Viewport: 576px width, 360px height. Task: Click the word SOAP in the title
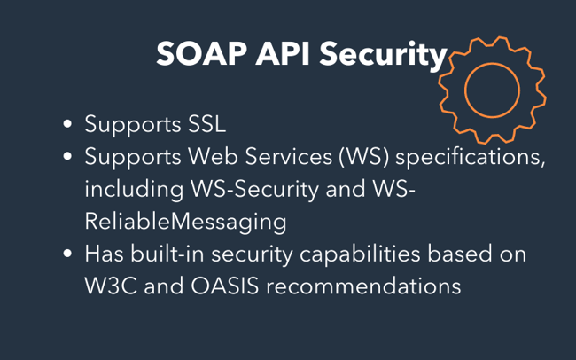pyautogui.click(x=201, y=54)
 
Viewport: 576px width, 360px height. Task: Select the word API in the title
pyautogui.click(x=283, y=54)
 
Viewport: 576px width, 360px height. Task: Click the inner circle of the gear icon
pyautogui.click(x=492, y=63)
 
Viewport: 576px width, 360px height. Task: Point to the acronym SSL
pyautogui.click(x=206, y=124)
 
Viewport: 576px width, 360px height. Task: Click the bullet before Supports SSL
pyautogui.click(x=67, y=124)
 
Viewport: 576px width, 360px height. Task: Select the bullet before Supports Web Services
pyautogui.click(x=67, y=156)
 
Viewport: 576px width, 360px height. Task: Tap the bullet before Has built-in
pyautogui.click(x=67, y=254)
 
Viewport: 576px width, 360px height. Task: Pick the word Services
pyautogui.click(x=288, y=156)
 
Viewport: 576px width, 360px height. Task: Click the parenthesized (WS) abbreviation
pyautogui.click(x=363, y=157)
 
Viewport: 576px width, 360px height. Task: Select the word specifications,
pyautogui.click(x=471, y=158)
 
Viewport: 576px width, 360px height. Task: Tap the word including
pyautogui.click(x=134, y=190)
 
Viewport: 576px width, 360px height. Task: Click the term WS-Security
pyautogui.click(x=254, y=190)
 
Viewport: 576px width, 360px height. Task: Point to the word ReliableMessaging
pyautogui.click(x=185, y=223)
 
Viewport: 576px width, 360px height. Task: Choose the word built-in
pyautogui.click(x=167, y=254)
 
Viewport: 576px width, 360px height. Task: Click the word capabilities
pyautogui.click(x=360, y=254)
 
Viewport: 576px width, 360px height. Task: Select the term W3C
pyautogui.click(x=111, y=286)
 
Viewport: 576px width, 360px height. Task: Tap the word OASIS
pyautogui.click(x=224, y=286)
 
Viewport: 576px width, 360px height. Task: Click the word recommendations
pyautogui.click(x=363, y=286)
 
